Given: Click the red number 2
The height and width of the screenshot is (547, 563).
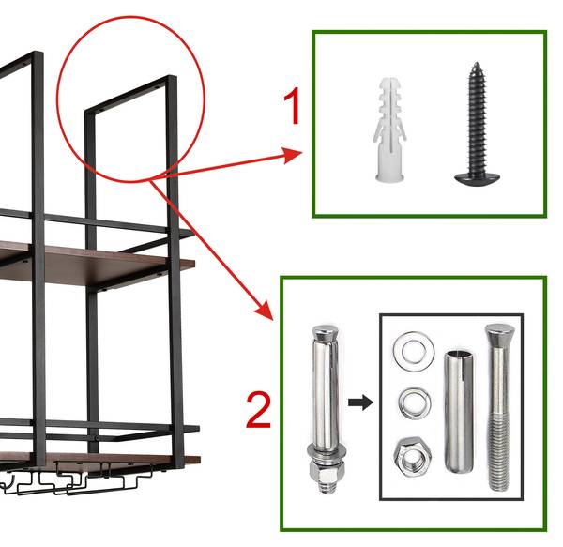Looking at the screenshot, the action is pos(258,409).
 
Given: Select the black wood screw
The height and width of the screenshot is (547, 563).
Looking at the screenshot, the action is pos(478,125).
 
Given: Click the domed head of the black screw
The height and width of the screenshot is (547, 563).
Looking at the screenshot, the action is pos(478,179).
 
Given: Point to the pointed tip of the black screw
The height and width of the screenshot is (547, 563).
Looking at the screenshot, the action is pos(477,64).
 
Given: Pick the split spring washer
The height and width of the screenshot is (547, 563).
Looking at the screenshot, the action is pos(415,403).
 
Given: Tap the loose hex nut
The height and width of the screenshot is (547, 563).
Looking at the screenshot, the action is pos(413,457).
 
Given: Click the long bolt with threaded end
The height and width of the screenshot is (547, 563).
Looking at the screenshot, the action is pos(499,407).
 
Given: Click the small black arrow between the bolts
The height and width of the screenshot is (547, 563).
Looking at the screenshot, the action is pos(360,403).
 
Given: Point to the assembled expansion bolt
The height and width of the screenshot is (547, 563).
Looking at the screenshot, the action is pos(326,408).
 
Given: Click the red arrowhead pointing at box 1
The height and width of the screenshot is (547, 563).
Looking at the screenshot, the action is pos(292,155).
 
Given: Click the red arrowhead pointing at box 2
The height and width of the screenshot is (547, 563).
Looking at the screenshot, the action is pos(265,311).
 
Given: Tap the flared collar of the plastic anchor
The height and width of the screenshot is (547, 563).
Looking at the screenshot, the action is pos(390,177).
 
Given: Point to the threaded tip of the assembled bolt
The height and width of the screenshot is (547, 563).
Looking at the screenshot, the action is pos(327,487).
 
